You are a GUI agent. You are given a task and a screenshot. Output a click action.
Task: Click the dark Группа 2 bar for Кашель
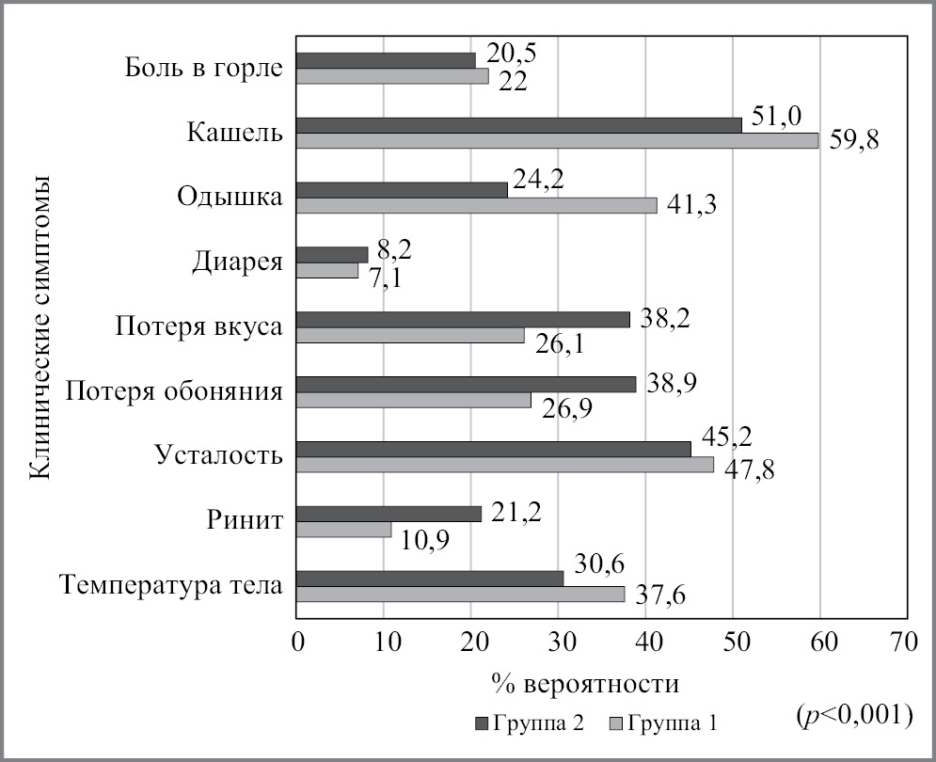tap(519, 124)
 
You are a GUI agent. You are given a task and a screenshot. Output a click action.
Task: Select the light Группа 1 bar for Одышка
tap(477, 205)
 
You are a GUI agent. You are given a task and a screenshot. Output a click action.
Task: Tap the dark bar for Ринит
tap(389, 514)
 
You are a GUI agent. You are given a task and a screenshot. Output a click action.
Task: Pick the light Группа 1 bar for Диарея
tap(327, 270)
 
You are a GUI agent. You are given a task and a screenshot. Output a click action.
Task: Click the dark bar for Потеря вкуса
tap(464, 319)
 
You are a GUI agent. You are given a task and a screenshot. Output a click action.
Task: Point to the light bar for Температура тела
tap(461, 594)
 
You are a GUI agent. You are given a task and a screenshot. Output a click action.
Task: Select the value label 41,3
tap(691, 204)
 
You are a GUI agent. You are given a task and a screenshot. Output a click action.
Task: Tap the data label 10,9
tap(426, 543)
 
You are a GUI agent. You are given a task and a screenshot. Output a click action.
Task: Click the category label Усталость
tap(219, 457)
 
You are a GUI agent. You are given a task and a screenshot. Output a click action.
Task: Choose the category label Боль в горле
tap(204, 69)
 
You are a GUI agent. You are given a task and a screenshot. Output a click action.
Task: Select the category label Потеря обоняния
tap(174, 392)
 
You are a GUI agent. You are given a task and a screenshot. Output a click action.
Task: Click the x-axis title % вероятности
tap(584, 680)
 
